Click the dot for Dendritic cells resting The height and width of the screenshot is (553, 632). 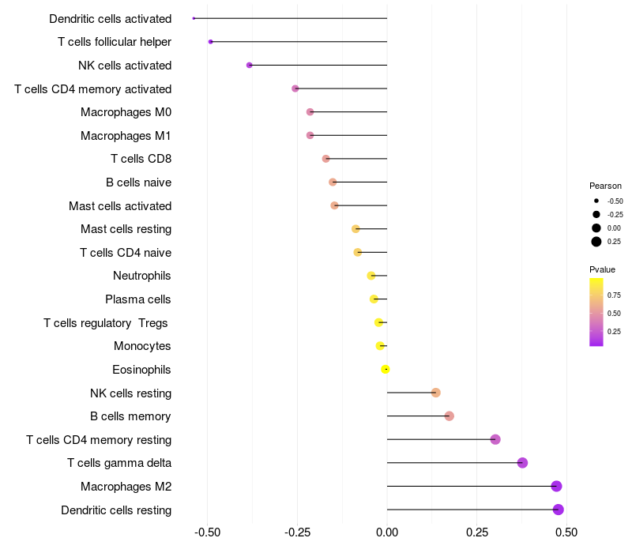click(x=559, y=510)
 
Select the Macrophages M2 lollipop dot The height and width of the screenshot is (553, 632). click(x=557, y=487)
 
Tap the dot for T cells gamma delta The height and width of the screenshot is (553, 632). click(x=522, y=463)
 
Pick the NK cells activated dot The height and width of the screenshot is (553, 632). click(x=250, y=65)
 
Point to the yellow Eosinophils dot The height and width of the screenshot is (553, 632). click(x=386, y=369)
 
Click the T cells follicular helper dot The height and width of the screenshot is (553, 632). click(x=210, y=41)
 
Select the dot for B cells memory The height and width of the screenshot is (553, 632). click(x=450, y=416)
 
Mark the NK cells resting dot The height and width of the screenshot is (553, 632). click(x=435, y=393)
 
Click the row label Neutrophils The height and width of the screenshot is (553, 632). click(x=142, y=276)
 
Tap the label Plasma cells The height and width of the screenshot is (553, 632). click(x=138, y=299)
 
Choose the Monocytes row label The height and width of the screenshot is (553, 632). click(x=142, y=346)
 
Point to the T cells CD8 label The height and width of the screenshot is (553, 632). click(x=141, y=159)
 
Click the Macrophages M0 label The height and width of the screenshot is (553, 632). click(x=126, y=112)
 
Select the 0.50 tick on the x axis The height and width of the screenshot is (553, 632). click(x=566, y=532)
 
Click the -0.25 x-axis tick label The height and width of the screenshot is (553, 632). click(x=295, y=532)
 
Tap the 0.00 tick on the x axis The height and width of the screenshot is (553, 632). click(x=387, y=532)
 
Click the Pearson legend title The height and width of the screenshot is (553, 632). click(x=605, y=186)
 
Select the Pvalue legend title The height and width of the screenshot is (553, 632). click(x=602, y=269)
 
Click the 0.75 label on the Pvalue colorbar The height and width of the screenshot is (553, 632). click(x=614, y=295)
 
